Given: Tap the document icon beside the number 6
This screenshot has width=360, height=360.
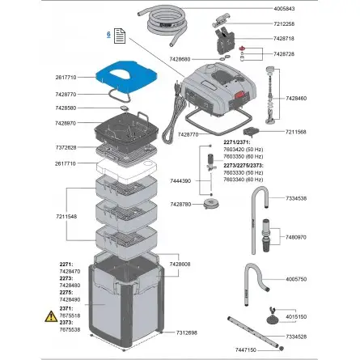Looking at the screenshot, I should (119, 36).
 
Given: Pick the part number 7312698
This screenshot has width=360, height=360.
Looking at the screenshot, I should (188, 332).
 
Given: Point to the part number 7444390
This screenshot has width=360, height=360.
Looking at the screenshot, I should (180, 182).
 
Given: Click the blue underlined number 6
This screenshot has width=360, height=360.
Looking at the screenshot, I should (108, 35).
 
